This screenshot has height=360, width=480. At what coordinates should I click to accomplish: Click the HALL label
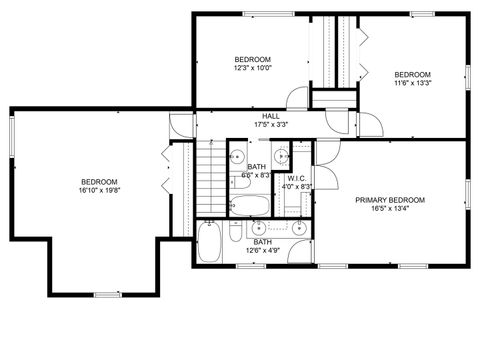pyautogui.click(x=271, y=116)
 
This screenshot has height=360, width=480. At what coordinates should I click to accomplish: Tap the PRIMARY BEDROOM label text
pyautogui.click(x=390, y=200)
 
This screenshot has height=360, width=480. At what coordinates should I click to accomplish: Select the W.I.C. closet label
pyautogui.click(x=296, y=178)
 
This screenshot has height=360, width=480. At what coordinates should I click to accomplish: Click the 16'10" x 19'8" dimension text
pyautogui.click(x=99, y=190)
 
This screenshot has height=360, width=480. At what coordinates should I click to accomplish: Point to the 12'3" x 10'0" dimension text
pyautogui.click(x=253, y=68)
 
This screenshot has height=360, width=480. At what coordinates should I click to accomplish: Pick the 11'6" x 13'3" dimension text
pyautogui.click(x=412, y=84)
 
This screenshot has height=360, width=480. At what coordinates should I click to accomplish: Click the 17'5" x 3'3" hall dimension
pyautogui.click(x=271, y=125)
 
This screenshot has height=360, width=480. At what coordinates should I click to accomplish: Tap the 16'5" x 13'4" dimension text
pyautogui.click(x=390, y=209)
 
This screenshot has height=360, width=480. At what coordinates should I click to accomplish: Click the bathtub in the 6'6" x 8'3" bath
pyautogui.click(x=247, y=207)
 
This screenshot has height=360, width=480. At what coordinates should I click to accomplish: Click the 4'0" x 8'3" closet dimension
pyautogui.click(x=297, y=187)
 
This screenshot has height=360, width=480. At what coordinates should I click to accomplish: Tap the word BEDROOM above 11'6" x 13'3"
pyautogui.click(x=412, y=75)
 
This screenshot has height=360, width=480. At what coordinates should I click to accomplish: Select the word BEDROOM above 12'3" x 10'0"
pyautogui.click(x=253, y=59)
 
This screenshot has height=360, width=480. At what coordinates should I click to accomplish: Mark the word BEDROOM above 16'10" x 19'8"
pyautogui.click(x=99, y=181)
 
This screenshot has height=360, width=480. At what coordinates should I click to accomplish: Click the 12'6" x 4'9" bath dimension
pyautogui.click(x=262, y=250)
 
